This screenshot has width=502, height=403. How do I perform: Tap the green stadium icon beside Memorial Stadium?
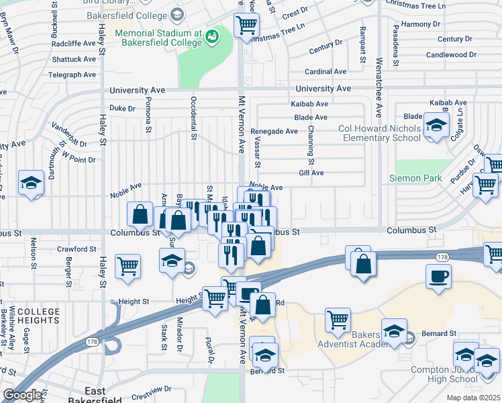(x=212, y=36)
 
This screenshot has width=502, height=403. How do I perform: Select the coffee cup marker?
(x=438, y=276)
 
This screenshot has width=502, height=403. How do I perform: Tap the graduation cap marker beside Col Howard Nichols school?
(x=436, y=126)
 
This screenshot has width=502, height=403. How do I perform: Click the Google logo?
(x=23, y=395)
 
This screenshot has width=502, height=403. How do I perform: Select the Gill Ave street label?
(x=311, y=173)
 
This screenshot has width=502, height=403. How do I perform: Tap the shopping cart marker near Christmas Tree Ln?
(x=246, y=26)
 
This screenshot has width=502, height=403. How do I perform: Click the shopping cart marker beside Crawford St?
(x=128, y=266)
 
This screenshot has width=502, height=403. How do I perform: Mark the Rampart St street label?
(x=362, y=46)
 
